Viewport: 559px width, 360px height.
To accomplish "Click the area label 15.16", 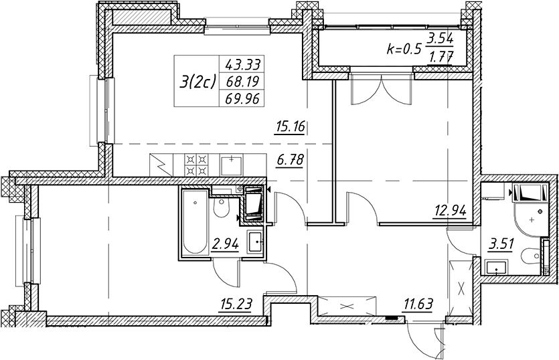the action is coord(290,127).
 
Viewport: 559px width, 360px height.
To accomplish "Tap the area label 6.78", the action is coord(290,160).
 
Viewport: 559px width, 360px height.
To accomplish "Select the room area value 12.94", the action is coord(451,211).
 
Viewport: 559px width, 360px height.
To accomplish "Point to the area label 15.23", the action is coord(236,304).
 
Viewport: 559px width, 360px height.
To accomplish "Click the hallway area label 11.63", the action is coord(418,304).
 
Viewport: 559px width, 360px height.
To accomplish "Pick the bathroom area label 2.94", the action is coord(225,244).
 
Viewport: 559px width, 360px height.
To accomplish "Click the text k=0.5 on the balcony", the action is coord(404,49).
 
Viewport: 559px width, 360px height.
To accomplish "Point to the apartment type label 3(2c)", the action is coord(198,82).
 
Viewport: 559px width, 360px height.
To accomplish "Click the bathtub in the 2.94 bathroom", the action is coord(195,221).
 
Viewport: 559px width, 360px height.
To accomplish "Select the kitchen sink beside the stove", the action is coord(232,165).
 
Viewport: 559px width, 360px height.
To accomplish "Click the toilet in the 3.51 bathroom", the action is coord(530,255).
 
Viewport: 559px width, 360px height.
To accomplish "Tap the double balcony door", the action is coord(382,88).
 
